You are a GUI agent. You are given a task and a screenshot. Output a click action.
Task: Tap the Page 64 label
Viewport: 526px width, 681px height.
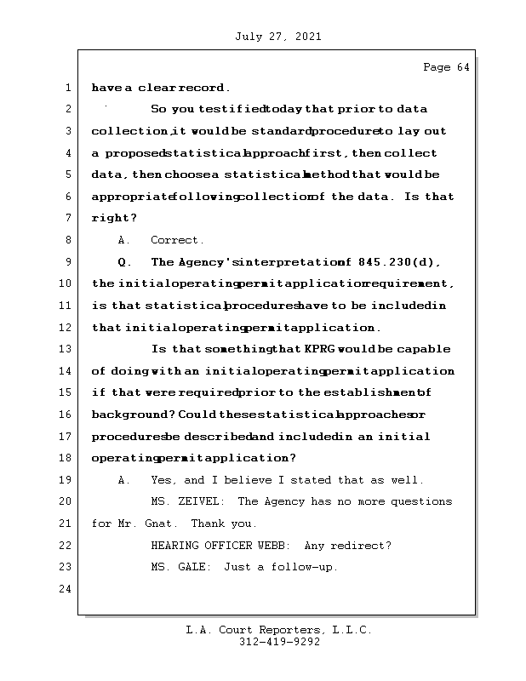[446, 67]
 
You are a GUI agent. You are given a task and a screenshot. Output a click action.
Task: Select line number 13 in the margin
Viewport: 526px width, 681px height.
[66, 349]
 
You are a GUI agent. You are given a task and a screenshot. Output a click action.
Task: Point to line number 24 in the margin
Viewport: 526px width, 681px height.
[66, 588]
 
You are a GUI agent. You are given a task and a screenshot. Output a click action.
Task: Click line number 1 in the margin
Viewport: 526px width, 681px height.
[66, 88]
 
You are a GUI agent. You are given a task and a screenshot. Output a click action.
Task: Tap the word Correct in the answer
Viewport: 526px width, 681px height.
[177, 240]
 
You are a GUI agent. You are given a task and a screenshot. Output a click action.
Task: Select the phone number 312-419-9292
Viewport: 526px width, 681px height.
[279, 643]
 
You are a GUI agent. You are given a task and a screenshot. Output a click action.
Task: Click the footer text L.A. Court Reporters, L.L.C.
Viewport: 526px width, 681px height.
[279, 631]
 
